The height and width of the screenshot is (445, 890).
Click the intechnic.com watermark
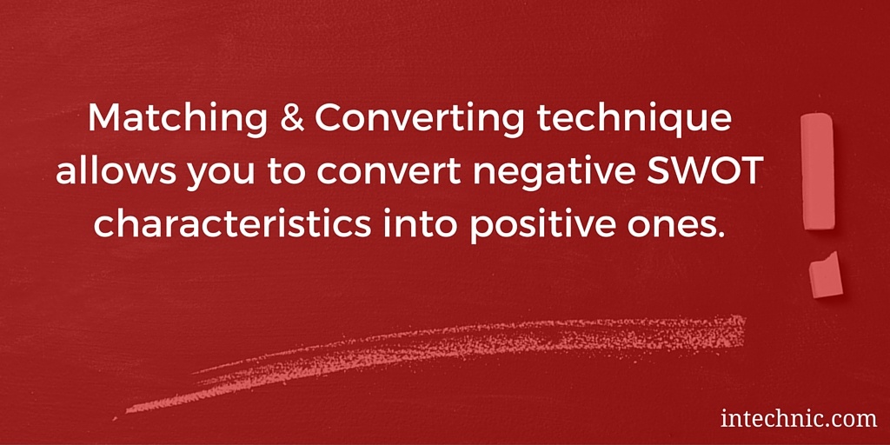(x=799, y=419)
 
